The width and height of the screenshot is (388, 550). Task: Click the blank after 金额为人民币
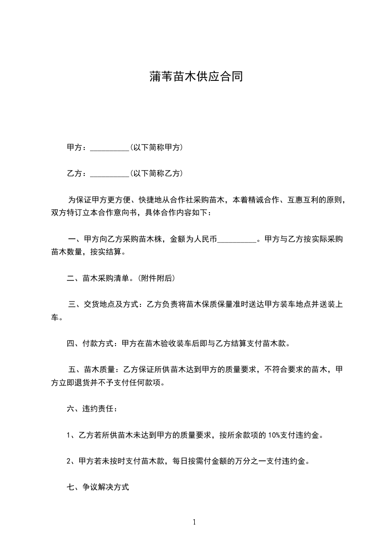pos(236,240)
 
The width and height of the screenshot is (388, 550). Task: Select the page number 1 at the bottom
pos(194,522)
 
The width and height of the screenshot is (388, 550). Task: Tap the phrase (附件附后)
pos(157,278)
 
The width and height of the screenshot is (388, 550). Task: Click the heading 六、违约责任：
pos(92,408)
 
